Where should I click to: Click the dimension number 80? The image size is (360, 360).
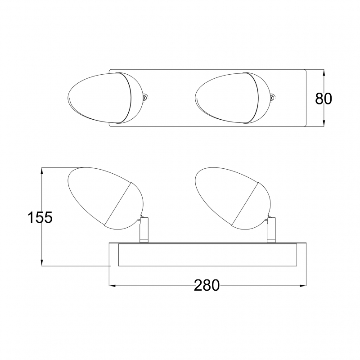click(323, 99)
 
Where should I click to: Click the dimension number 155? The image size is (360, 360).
click(40, 217)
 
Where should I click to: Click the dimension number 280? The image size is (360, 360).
click(207, 286)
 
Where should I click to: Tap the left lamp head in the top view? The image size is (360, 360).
click(107, 98)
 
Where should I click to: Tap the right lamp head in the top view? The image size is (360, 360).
click(234, 98)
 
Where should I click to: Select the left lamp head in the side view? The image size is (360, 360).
click(106, 198)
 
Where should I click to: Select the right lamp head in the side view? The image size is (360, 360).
click(233, 198)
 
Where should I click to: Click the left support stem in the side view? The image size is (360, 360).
click(144, 230)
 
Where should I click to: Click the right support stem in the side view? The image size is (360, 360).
click(271, 230)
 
